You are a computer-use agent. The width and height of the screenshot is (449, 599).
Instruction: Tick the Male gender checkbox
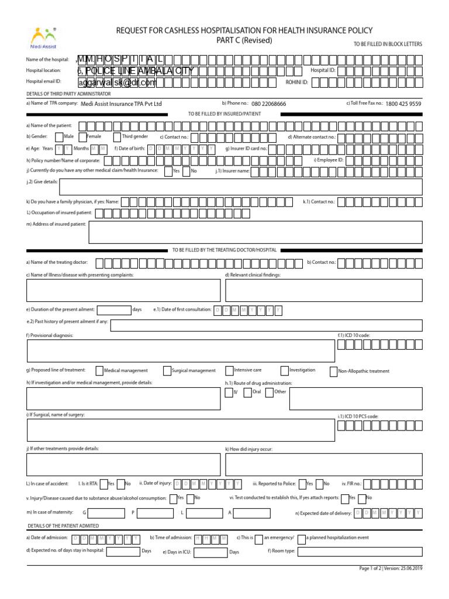tap(59, 137)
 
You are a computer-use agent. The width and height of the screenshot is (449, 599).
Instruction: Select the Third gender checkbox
tap(117, 137)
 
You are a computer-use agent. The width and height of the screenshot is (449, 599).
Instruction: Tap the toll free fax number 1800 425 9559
tap(403, 104)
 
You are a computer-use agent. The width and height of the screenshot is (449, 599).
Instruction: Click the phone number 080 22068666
tap(269, 104)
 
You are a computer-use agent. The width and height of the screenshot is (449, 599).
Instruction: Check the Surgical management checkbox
tap(167, 370)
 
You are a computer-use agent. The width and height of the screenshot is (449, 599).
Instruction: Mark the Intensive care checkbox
tap(229, 370)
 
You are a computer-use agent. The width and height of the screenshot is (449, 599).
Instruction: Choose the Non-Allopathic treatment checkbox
tap(334, 371)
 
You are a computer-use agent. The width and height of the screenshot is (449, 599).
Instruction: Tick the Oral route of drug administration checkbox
tap(248, 392)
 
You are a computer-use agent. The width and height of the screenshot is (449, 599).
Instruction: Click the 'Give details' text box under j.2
tap(241, 187)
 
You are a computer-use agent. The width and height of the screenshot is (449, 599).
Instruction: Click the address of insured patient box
tap(255, 232)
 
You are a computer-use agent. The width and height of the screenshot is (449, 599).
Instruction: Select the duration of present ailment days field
tap(113, 310)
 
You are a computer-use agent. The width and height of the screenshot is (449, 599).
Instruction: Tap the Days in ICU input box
tap(210, 552)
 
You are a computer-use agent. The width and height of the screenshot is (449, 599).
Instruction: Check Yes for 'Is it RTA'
tap(103, 484)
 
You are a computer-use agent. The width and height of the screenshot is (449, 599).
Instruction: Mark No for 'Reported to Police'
tap(319, 484)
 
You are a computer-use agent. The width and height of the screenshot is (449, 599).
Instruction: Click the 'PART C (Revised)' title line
tap(244, 40)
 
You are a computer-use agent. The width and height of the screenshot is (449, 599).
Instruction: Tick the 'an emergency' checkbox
tap(259, 538)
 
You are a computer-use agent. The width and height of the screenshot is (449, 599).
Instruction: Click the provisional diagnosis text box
tap(181, 351)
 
